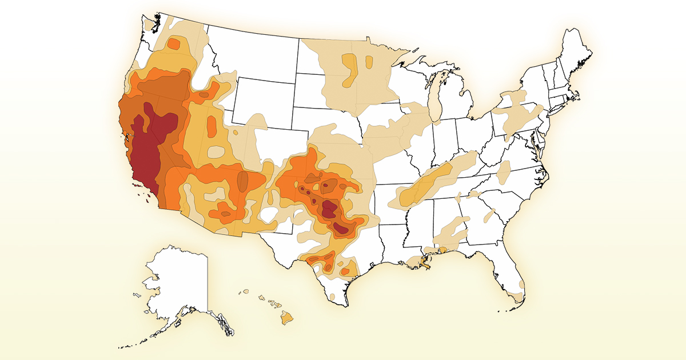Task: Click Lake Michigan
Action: tap(436, 97)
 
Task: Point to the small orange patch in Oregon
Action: tap(173, 44)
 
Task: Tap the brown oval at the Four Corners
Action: tap(242, 181)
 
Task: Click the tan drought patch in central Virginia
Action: tap(504, 171)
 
